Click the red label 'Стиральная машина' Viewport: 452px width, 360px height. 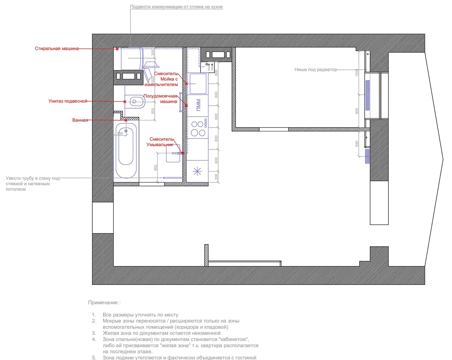(56, 49)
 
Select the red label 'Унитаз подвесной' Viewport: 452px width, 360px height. (68, 101)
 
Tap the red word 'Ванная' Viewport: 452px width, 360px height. (80, 120)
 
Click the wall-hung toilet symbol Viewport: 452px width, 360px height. (135, 102)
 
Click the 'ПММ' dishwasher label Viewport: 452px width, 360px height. (198, 105)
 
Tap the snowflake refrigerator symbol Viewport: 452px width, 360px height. (197, 171)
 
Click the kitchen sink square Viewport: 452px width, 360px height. (198, 84)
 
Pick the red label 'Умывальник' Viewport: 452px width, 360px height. (160, 145)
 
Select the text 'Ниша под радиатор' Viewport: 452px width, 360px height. (316, 70)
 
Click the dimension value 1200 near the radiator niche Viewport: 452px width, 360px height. (357, 72)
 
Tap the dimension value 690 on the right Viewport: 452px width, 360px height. (357, 144)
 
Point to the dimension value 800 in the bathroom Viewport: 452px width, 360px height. (155, 168)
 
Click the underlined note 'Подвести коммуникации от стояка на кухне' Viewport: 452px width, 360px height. (176, 7)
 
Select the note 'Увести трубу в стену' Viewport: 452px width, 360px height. (32, 178)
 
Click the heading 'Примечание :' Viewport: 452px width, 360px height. (104, 303)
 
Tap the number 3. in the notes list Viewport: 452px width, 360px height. (94, 333)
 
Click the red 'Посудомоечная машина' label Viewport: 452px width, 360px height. (160, 99)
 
